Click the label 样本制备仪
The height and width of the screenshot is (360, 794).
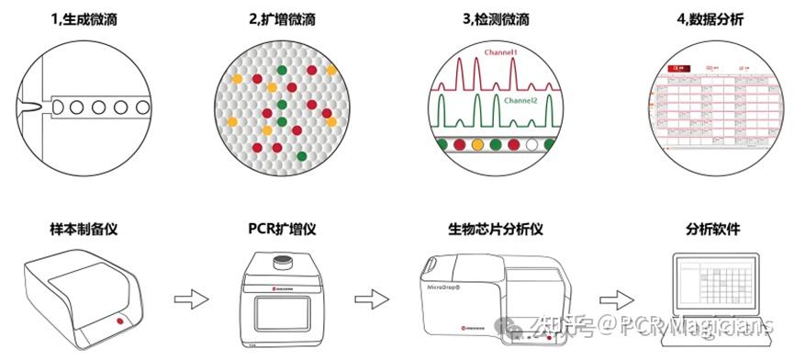point(82,228)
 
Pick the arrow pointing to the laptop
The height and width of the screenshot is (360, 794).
point(613,298)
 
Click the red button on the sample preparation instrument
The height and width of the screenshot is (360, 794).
point(120,324)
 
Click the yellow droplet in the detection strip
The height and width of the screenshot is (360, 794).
point(477,144)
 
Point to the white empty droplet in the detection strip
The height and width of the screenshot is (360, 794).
point(533,144)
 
